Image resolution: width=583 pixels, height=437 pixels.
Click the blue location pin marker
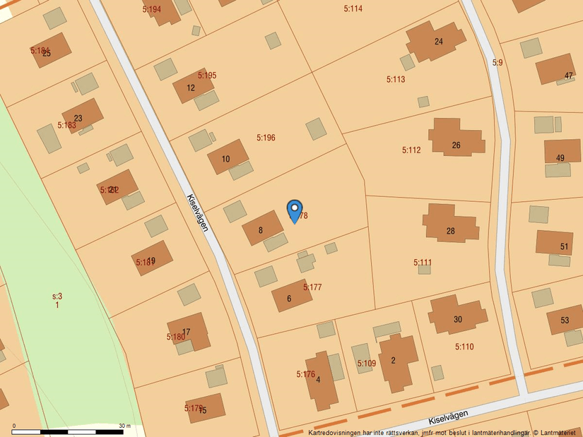pos(294,210)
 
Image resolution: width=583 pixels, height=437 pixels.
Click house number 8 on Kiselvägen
pos(262,229)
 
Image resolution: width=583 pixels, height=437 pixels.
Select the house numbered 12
pos(192,87)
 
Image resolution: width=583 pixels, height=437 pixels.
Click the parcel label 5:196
pos(266,138)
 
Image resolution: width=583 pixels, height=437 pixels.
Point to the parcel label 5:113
pos(396,79)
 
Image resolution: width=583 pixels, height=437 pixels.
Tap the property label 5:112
pos(411,150)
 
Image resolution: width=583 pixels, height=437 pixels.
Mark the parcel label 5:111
pos(423,262)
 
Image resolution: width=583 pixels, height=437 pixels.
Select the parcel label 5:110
pos(464,347)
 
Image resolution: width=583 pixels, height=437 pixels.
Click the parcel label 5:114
pos(353,8)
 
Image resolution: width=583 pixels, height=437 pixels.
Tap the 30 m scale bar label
pos(124,426)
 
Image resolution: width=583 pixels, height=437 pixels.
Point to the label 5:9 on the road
pos(497,63)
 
